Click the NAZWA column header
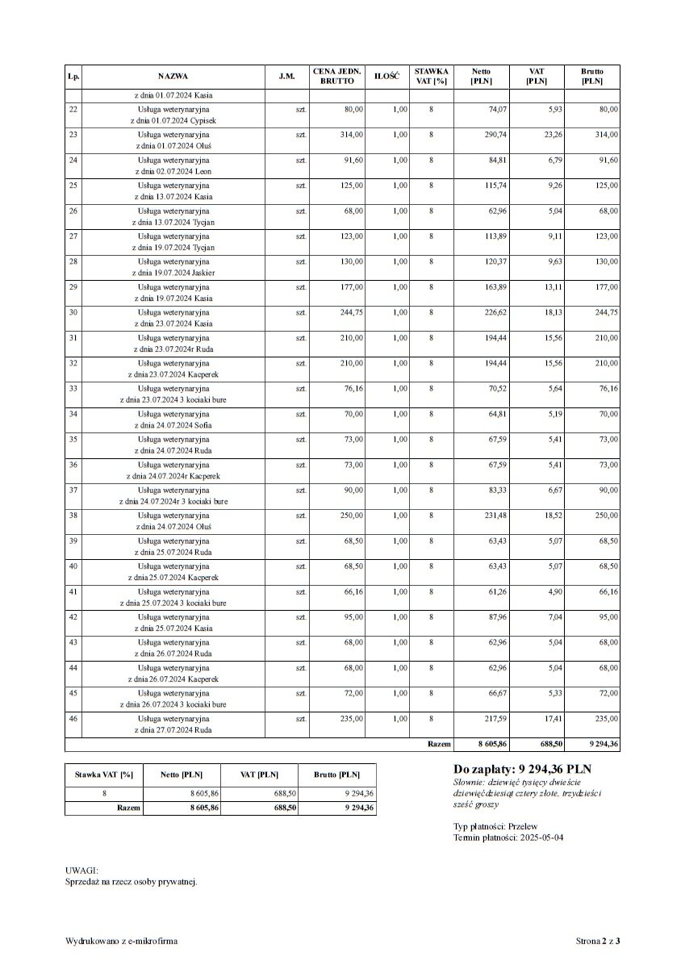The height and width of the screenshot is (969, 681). [x=173, y=76]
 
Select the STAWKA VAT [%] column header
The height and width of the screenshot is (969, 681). [x=431, y=76]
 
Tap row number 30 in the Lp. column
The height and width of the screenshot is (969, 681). [x=73, y=312]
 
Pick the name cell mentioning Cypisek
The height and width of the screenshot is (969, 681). [x=173, y=114]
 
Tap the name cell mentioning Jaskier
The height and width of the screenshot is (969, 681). [x=173, y=266]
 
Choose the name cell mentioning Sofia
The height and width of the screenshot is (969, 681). [x=173, y=419]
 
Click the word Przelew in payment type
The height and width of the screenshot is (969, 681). [x=524, y=826]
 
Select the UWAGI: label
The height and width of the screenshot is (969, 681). [x=81, y=871]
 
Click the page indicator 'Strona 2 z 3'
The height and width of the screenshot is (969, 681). [x=598, y=941]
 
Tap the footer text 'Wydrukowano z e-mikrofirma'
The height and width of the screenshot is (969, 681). [x=122, y=941]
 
